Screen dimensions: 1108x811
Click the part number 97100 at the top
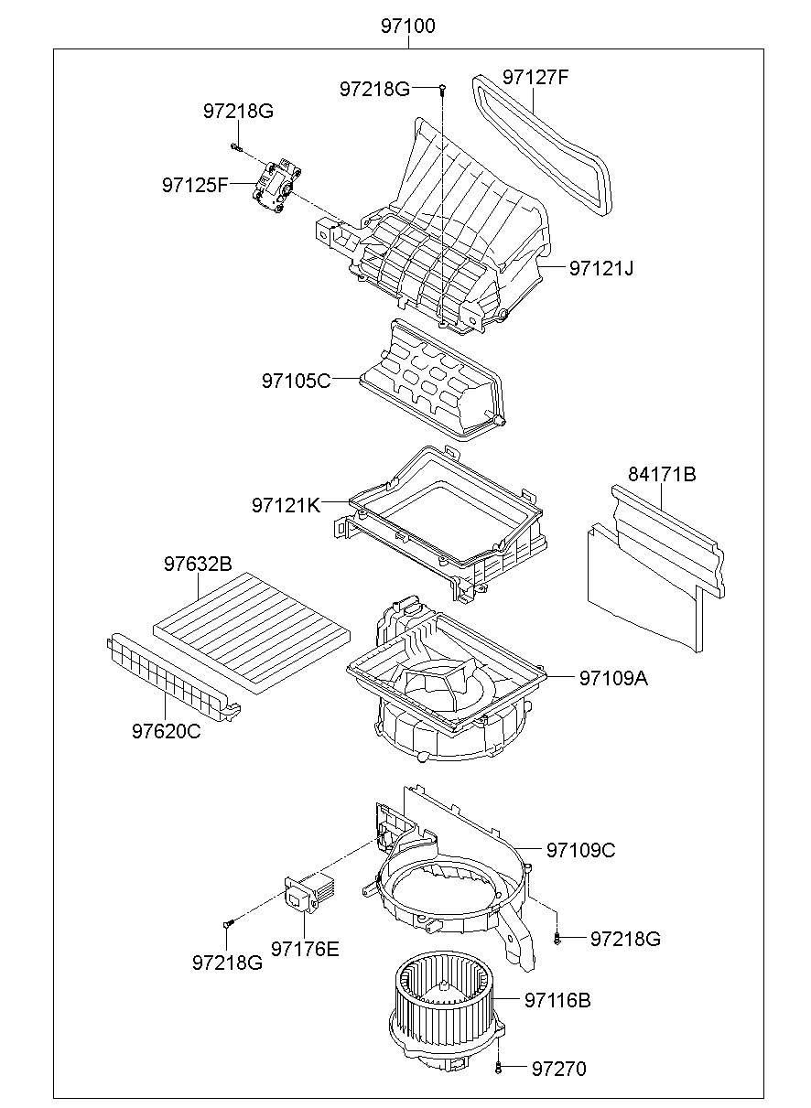[408, 27]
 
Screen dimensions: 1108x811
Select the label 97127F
[535, 78]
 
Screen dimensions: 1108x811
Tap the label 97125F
[195, 185]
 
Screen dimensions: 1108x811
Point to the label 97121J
[601, 268]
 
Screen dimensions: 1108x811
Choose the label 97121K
[287, 504]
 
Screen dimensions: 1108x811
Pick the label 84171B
[662, 474]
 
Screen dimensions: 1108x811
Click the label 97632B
[198, 564]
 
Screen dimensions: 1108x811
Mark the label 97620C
[166, 731]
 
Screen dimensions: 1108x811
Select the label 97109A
[612, 678]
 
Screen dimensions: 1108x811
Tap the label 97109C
[580, 850]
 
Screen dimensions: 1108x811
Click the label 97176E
[305, 949]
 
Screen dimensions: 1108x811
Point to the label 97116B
[557, 1000]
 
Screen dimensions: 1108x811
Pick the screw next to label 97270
[497, 1067]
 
